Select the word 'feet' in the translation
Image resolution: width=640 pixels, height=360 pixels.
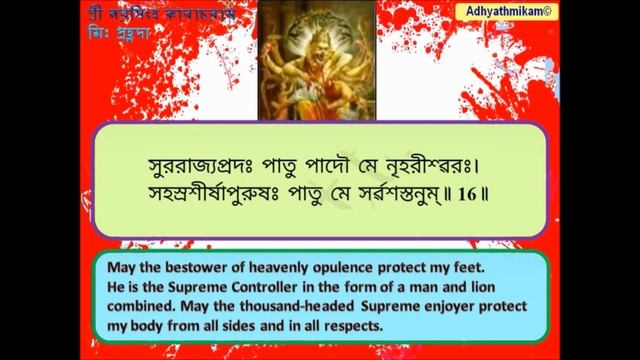[482, 269]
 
